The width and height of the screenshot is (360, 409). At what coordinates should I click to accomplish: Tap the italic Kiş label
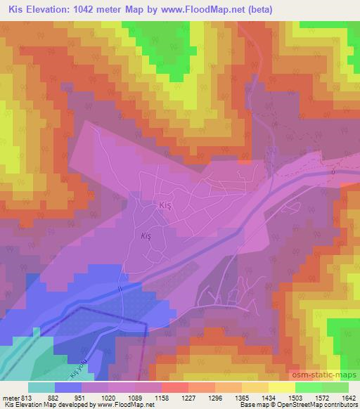[x=146, y=237]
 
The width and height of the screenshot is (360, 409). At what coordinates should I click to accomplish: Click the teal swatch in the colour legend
[x=41, y=387]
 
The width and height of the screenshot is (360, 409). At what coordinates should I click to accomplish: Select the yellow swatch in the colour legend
[x=282, y=387]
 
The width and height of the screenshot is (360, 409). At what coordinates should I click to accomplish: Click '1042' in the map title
[x=99, y=11]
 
